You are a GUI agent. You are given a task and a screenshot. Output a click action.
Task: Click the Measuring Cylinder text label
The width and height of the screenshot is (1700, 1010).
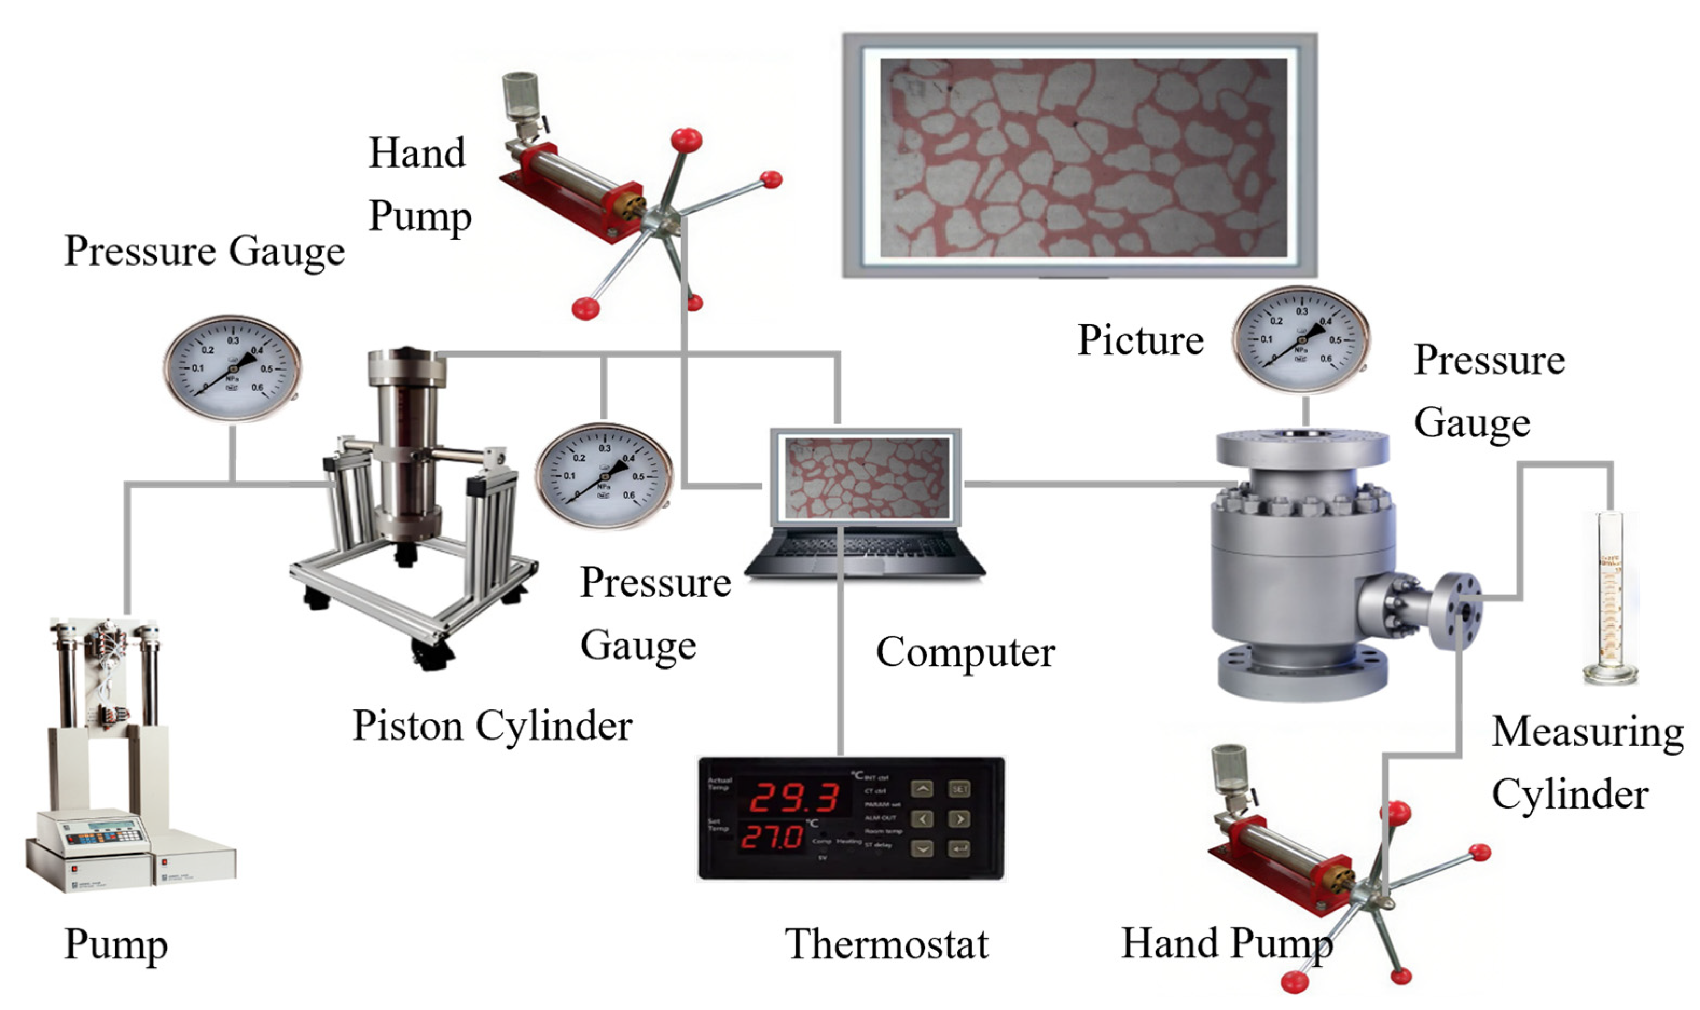pos(1586,762)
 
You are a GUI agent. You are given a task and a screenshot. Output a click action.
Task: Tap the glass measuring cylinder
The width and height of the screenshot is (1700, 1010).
pos(1609,599)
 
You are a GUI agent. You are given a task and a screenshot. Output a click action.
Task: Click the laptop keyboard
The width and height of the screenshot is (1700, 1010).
pos(865,545)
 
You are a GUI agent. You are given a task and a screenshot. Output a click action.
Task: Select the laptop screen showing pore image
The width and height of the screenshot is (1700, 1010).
pos(866,477)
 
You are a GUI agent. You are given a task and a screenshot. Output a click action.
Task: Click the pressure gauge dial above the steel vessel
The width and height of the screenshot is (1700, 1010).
pos(1301,339)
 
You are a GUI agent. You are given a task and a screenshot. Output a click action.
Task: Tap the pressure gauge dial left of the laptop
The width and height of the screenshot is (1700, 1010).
pos(604,476)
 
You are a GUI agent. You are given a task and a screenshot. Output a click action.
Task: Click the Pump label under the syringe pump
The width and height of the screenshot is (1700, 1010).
pos(116,945)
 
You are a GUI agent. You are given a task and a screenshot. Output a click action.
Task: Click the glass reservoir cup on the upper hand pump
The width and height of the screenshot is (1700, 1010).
pos(520,95)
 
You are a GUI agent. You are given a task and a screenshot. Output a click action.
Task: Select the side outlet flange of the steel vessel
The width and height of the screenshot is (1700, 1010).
pos(1456,610)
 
